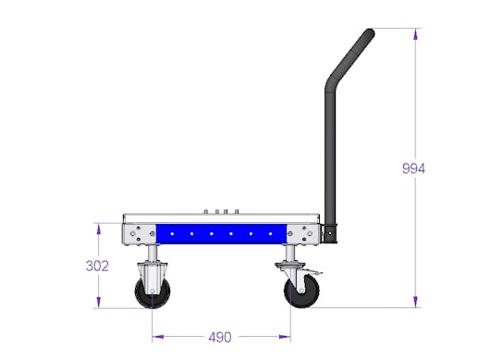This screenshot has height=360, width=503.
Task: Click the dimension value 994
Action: pos(413,168)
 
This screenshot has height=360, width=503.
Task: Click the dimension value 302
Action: pos(97,266)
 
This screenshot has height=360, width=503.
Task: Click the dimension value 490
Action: pos(220,337)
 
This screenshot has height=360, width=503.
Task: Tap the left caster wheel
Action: pos(153,292)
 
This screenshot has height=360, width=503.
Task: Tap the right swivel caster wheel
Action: pos(301,292)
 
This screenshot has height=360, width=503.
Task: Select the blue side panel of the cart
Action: pos(221,233)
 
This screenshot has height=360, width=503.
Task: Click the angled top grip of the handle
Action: pos(351,56)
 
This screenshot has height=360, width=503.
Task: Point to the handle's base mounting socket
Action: pos(330,233)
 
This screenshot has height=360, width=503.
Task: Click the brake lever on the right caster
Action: pos(313,273)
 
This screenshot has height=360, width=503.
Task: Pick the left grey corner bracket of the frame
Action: pos(140,234)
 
